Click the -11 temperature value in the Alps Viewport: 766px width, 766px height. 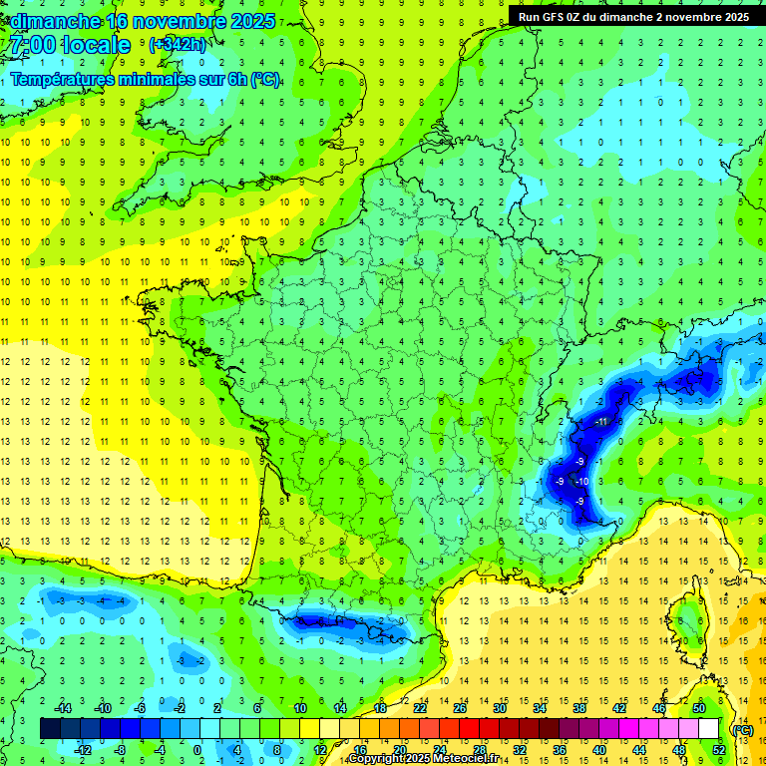pos(600,422)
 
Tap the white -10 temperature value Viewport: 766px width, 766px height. pos(582,482)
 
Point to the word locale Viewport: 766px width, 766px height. pos(96,45)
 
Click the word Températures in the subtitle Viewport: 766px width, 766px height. pos(60,80)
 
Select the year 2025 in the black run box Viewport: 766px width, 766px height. pos(731,17)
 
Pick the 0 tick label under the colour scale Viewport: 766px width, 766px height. pos(197,749)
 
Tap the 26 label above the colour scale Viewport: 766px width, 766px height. pos(460,707)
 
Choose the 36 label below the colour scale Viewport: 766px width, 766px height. pos(560,749)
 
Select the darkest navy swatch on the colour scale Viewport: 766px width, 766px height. pos(50,728)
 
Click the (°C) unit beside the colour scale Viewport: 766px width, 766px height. pos(742,729)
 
